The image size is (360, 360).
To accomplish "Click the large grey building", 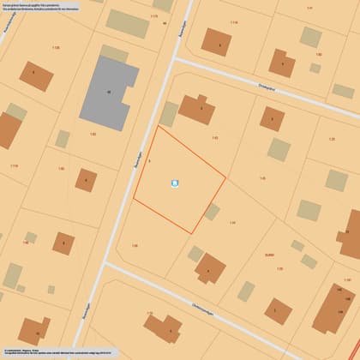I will click(108, 92).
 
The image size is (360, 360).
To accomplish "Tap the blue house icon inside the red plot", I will click(176, 182).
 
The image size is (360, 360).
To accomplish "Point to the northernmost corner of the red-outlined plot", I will click(158, 127).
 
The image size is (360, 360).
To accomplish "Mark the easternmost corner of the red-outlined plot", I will click(225, 179).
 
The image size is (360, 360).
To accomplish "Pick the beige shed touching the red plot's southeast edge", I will click(212, 211).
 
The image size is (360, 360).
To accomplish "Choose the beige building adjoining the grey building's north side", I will click(114, 53).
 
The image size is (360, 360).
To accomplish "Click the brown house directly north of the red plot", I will click(196, 109).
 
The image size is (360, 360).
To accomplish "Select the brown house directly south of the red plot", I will click(208, 267).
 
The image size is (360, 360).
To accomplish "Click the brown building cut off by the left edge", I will click(9, 129).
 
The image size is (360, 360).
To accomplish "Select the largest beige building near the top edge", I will click(127, 23).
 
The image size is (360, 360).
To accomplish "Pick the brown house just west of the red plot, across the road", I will click(85, 180).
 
